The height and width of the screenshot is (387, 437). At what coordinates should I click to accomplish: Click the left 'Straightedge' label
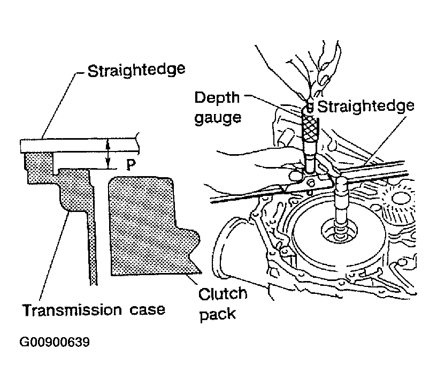(136, 71)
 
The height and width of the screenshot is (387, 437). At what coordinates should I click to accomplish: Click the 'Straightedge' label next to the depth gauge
(366, 107)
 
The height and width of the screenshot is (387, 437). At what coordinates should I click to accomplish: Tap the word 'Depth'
(217, 98)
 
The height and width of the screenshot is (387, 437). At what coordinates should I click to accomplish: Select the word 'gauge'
(218, 118)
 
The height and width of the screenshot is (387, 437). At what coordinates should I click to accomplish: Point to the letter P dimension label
(131, 164)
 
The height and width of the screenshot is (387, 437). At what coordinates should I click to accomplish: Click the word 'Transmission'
(72, 310)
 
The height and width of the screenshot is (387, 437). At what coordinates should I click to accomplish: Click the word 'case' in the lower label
(147, 310)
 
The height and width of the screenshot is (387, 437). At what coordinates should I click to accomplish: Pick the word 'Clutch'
(223, 294)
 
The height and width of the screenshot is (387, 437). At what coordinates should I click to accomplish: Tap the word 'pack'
(218, 315)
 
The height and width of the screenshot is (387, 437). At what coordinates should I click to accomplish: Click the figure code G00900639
(55, 342)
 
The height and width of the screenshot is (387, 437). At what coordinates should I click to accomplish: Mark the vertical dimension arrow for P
(109, 154)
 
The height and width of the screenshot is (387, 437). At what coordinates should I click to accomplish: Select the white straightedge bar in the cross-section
(79, 146)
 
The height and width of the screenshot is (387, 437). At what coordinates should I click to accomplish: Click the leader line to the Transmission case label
(55, 255)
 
